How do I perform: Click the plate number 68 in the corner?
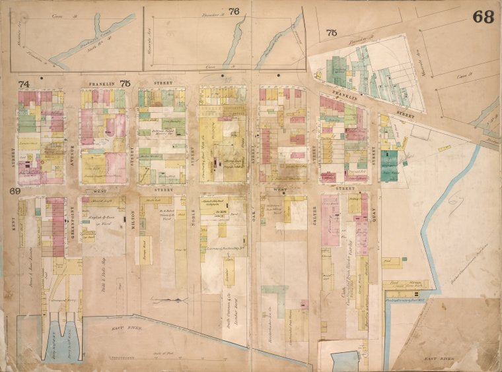(x=483, y=17)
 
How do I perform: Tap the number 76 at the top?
(x=234, y=11)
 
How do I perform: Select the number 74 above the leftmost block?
(x=24, y=84)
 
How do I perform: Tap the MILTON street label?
(x=131, y=216)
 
